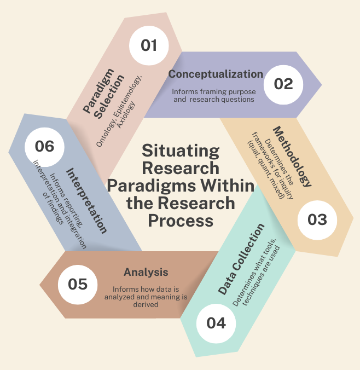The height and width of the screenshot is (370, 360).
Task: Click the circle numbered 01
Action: (149, 45)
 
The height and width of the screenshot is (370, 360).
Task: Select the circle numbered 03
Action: (317, 219)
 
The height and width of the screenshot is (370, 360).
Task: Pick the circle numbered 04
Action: (216, 322)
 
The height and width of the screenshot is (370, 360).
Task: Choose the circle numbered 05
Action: (77, 284)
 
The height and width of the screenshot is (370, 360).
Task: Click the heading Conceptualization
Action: (215, 74)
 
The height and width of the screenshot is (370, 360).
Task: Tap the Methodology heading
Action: (292, 157)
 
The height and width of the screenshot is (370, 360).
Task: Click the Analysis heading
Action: (146, 272)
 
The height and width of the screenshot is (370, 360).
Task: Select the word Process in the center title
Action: (181, 221)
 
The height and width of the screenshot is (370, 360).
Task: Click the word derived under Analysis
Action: (146, 305)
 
